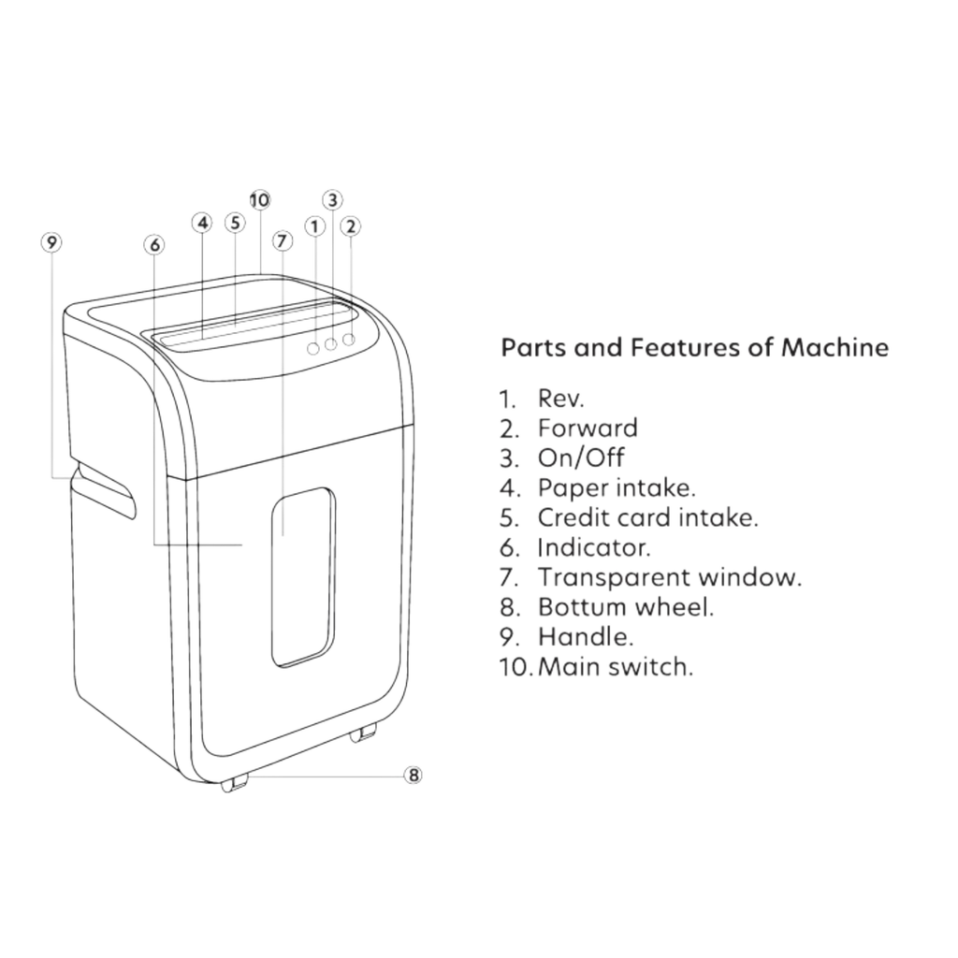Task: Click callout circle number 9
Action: tap(51, 242)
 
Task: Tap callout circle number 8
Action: tap(414, 776)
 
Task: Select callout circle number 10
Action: tap(260, 200)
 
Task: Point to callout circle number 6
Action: tap(154, 245)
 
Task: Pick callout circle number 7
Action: tap(281, 240)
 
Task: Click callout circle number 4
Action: tap(202, 223)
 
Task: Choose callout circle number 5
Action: tap(235, 223)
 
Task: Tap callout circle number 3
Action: tap(332, 200)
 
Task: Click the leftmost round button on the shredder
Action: tap(312, 348)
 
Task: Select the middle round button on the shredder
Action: tap(330, 344)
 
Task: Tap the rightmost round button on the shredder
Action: tap(349, 339)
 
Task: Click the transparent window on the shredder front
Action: tap(303, 576)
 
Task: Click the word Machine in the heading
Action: tap(835, 348)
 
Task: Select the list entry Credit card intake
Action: tap(647, 517)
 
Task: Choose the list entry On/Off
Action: tap(581, 458)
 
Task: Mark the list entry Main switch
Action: tap(616, 666)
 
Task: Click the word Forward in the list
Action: tap(588, 428)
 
